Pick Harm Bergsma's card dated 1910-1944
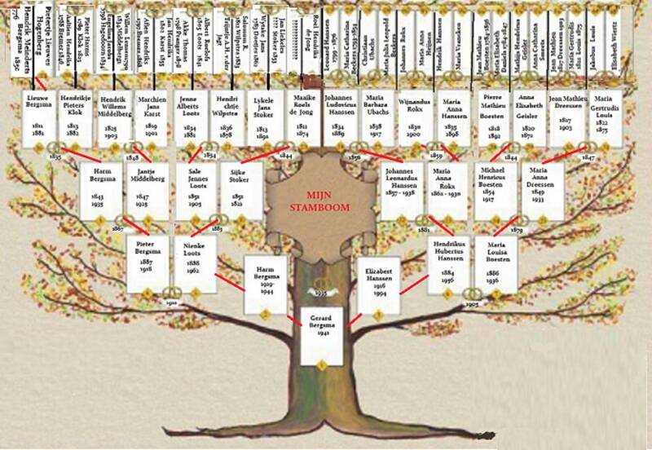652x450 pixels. [x=267, y=286]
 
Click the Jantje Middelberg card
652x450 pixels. [x=146, y=191]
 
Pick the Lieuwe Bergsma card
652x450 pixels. [x=37, y=119]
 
